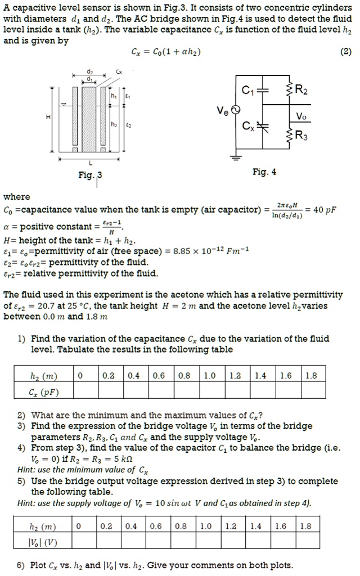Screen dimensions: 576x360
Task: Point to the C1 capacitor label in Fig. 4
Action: tap(249, 88)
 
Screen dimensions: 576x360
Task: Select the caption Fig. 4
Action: tap(264, 173)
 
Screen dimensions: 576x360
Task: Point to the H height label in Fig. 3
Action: tap(48, 116)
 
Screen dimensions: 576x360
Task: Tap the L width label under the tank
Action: tap(92, 163)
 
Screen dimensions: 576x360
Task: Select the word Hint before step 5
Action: tap(27, 470)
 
